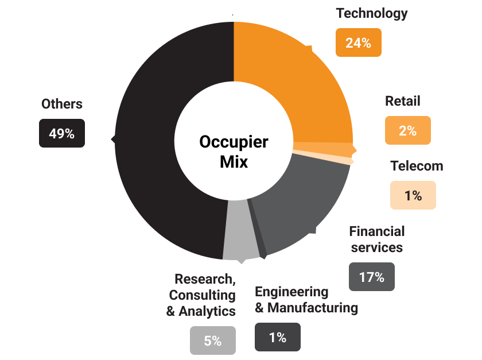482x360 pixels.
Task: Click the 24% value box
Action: coord(358,42)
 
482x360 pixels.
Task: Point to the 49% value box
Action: coord(61,133)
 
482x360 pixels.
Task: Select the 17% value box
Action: coord(371,277)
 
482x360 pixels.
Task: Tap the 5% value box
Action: coord(212,340)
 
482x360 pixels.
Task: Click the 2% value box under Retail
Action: coord(407,130)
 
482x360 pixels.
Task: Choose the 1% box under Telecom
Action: coord(413,195)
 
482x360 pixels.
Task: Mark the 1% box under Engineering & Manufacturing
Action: coord(277,337)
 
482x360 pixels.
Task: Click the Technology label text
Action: coord(372,13)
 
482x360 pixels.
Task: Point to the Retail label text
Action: coord(402,101)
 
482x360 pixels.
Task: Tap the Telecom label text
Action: coord(417,166)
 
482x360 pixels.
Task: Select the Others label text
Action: coord(62,104)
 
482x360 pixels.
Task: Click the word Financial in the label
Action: coord(377,231)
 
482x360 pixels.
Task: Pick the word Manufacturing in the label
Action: coord(313,308)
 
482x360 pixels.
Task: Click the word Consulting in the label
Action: coord(203,295)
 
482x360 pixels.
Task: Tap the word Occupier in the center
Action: coord(234,141)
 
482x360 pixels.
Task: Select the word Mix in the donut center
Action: coord(234,161)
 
